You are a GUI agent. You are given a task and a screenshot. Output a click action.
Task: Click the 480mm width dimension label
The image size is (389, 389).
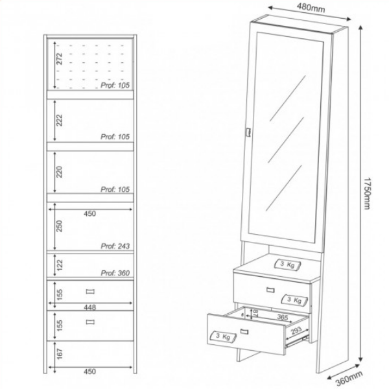pos(311,7)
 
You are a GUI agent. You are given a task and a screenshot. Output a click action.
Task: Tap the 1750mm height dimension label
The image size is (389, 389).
pos(367,193)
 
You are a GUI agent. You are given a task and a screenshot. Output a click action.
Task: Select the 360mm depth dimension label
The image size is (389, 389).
pos(349,378)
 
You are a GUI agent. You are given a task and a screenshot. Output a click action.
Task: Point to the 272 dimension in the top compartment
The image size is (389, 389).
pos(59,59)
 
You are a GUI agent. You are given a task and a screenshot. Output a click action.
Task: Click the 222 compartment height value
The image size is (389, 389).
pos(59,121)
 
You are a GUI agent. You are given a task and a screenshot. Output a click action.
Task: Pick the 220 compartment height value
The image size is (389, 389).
pos(59,172)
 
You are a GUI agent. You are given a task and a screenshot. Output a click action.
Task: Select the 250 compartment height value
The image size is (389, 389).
pos(59,226)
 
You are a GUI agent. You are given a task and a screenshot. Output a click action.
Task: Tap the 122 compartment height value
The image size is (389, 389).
pos(59,265)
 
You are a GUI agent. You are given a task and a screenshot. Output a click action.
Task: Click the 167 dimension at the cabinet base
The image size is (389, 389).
pos(59,353)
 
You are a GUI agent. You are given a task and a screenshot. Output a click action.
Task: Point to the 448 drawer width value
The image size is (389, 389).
pos(90,307)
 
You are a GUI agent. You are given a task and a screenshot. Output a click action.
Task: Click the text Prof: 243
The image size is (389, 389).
pos(115,246)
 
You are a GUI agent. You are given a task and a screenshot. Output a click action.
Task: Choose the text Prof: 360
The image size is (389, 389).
pos(115,273)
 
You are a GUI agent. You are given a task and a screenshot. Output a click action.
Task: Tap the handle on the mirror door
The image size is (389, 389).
pos(248,132)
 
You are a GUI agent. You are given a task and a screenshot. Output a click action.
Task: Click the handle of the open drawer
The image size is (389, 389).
pos(244,331)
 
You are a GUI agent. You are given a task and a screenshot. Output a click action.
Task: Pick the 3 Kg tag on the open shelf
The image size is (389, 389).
pos(287,265)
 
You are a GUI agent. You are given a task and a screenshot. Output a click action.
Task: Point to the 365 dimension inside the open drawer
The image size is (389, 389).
pos(282,317)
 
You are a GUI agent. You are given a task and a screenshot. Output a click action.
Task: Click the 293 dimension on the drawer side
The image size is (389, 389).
pos(296,331)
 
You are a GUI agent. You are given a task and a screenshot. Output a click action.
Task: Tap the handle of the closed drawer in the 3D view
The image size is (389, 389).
pos(270,290)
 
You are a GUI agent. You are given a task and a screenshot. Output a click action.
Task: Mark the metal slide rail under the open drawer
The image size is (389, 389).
pos(297,341)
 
